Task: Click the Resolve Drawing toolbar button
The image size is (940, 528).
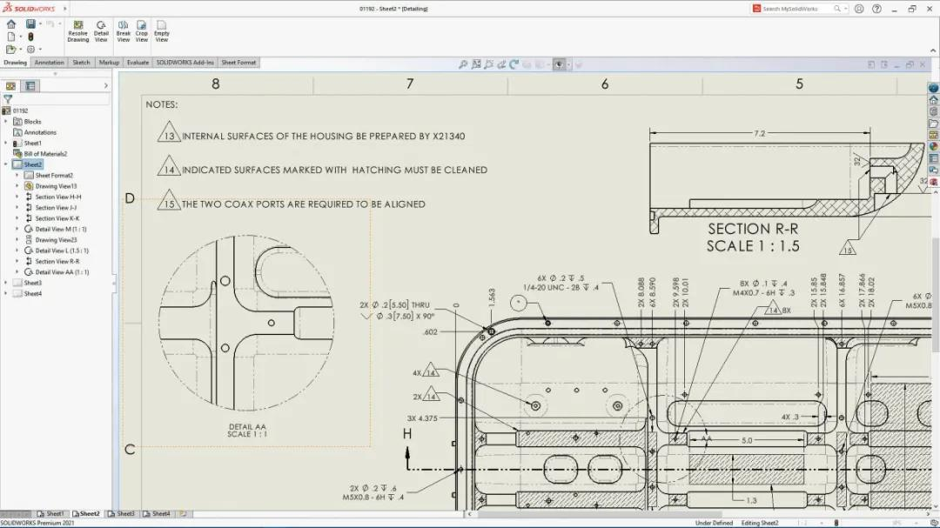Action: [x=77, y=31]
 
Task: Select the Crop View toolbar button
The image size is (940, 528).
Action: [x=142, y=31]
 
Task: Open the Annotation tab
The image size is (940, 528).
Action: [x=49, y=63]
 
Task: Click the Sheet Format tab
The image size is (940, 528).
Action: [x=238, y=63]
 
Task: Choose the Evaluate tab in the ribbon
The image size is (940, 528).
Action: [x=138, y=63]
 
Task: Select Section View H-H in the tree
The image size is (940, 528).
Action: [x=58, y=197]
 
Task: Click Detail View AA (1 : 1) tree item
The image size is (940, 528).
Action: [x=62, y=272]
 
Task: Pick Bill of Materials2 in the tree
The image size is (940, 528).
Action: [x=45, y=154]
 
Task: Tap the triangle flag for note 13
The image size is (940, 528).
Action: [x=169, y=136]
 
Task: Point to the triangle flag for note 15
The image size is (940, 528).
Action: [x=169, y=204]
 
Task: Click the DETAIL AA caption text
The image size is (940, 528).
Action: [x=247, y=425]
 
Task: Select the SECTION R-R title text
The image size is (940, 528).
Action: [x=753, y=230]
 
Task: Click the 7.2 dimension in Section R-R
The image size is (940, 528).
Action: [x=759, y=133]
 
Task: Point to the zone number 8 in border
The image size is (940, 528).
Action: [x=216, y=84]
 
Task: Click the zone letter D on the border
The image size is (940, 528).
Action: [x=130, y=198]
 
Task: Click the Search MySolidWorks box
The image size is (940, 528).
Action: [x=796, y=9]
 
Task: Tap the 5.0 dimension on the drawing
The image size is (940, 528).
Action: [x=746, y=441]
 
